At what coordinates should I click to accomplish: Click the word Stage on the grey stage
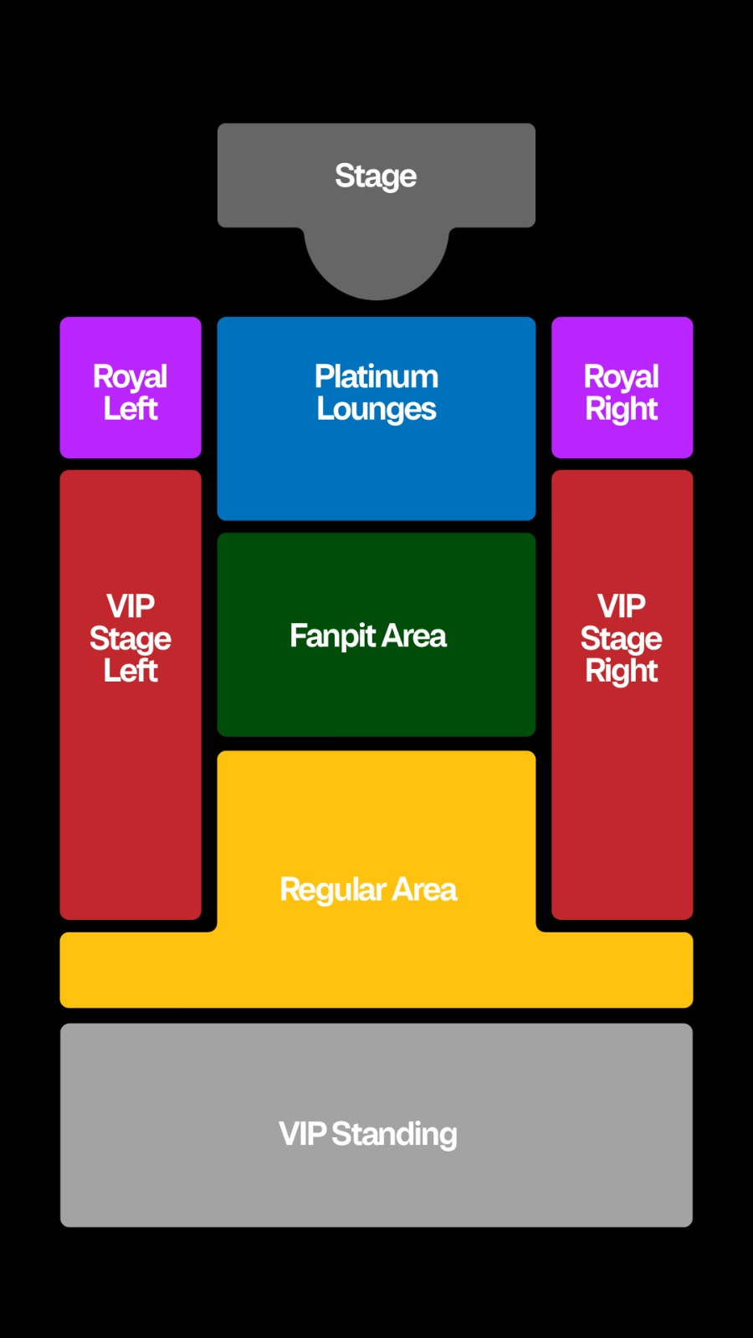coord(376,176)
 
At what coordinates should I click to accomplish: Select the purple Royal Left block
coord(131,388)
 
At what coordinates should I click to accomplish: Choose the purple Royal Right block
coord(622,388)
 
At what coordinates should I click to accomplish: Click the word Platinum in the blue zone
coord(376,376)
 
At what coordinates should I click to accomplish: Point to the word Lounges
coord(376,410)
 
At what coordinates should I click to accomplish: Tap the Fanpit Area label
coord(368,636)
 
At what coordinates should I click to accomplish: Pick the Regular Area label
coord(368,890)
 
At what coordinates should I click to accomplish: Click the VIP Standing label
coord(368,1134)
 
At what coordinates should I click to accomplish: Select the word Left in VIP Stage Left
coord(131,670)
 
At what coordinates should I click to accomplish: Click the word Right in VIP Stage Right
coord(622,672)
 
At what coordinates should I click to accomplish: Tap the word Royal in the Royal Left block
coord(131,377)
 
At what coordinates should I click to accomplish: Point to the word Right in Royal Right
coord(622,410)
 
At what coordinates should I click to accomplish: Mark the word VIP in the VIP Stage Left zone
coord(131,605)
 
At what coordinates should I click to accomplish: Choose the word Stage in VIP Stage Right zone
coord(622,639)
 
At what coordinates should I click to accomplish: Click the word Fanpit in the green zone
coord(332,636)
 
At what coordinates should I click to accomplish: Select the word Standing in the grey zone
coord(394,1134)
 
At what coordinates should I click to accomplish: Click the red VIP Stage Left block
coord(131,695)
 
